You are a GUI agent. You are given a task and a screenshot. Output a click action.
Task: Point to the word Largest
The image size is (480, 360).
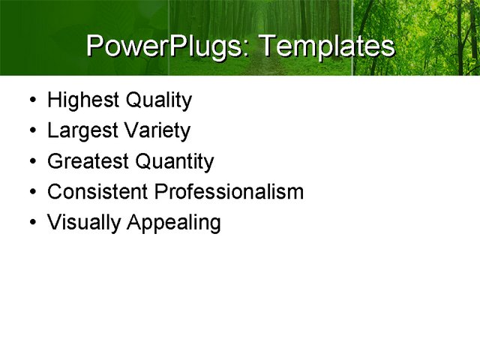tap(82, 130)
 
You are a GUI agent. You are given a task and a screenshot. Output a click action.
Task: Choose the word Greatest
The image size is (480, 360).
tap(88, 161)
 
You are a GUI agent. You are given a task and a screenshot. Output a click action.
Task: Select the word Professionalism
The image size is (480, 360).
tap(229, 192)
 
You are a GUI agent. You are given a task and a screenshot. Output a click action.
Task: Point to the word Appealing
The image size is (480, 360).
tap(174, 223)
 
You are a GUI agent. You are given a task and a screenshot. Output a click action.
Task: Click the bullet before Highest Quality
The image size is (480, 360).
tap(29, 100)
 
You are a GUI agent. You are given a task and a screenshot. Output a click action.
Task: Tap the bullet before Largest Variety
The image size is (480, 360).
tap(29, 131)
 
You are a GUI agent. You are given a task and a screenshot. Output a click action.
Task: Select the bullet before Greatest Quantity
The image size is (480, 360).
tap(29, 162)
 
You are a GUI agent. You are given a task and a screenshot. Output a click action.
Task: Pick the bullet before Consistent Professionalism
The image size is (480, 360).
tap(29, 193)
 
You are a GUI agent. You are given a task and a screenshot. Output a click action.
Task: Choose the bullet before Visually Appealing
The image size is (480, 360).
tap(29, 223)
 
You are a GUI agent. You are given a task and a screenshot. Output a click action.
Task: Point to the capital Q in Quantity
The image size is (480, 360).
tap(143, 161)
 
